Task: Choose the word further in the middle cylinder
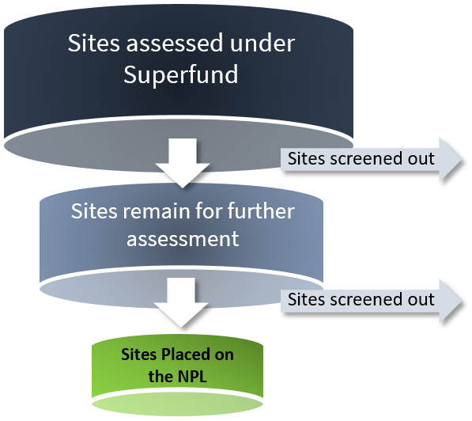pyautogui.click(x=255, y=212)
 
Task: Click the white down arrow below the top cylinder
pyautogui.click(x=182, y=162)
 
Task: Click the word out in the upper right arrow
pyautogui.click(x=419, y=158)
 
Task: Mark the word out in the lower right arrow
pyautogui.click(x=419, y=299)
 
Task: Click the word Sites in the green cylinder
pyautogui.click(x=139, y=354)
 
